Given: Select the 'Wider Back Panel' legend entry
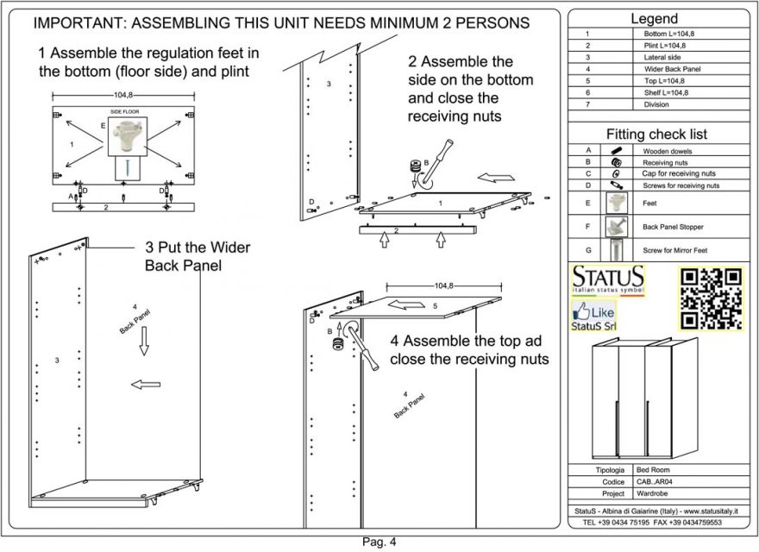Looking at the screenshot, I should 667,69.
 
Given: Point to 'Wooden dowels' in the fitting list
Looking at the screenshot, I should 668,151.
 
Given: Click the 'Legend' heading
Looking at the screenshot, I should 654,18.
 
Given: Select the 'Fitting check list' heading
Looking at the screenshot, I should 655,135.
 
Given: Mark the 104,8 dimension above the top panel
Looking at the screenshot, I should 443,285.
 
